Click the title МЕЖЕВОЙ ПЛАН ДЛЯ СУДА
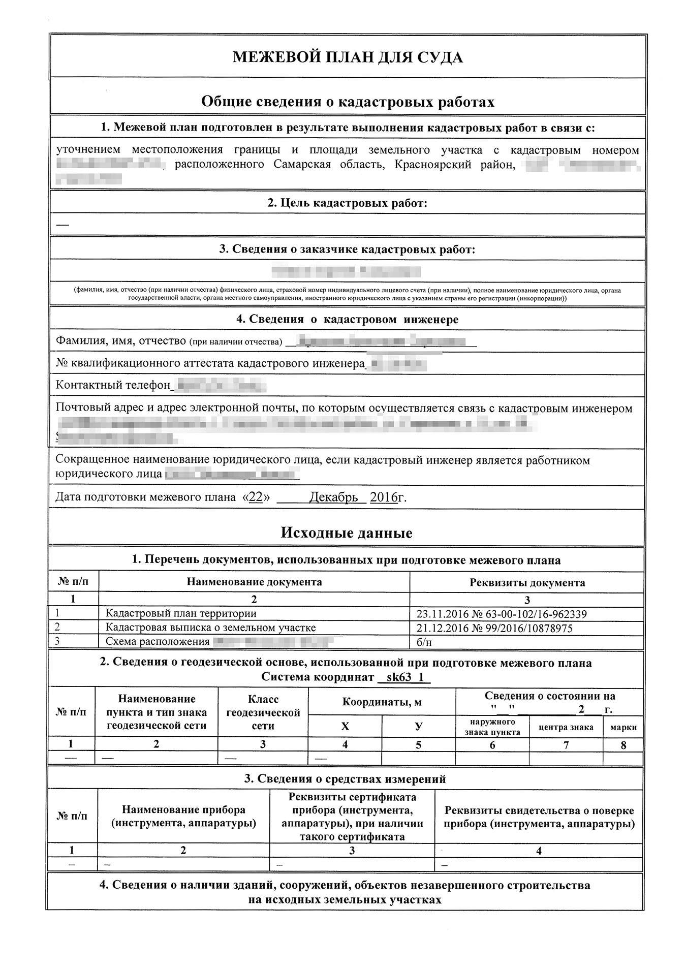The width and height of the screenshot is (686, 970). [348, 57]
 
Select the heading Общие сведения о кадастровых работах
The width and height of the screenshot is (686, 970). [348, 102]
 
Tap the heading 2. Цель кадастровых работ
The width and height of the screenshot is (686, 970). [348, 203]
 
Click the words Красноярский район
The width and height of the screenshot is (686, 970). [454, 165]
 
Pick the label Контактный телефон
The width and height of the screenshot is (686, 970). [112, 385]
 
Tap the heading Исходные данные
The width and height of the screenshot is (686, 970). [346, 533]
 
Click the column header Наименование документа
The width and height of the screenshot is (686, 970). [254, 582]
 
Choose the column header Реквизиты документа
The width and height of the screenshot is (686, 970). [527, 582]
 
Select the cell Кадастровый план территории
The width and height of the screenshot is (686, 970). [181, 613]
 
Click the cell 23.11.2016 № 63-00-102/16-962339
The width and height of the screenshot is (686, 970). [502, 614]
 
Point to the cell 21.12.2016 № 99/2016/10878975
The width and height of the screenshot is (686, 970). [494, 628]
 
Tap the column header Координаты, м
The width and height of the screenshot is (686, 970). [382, 702]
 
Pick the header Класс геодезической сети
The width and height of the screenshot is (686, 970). [263, 712]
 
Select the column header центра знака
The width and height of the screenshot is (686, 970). [566, 727]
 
